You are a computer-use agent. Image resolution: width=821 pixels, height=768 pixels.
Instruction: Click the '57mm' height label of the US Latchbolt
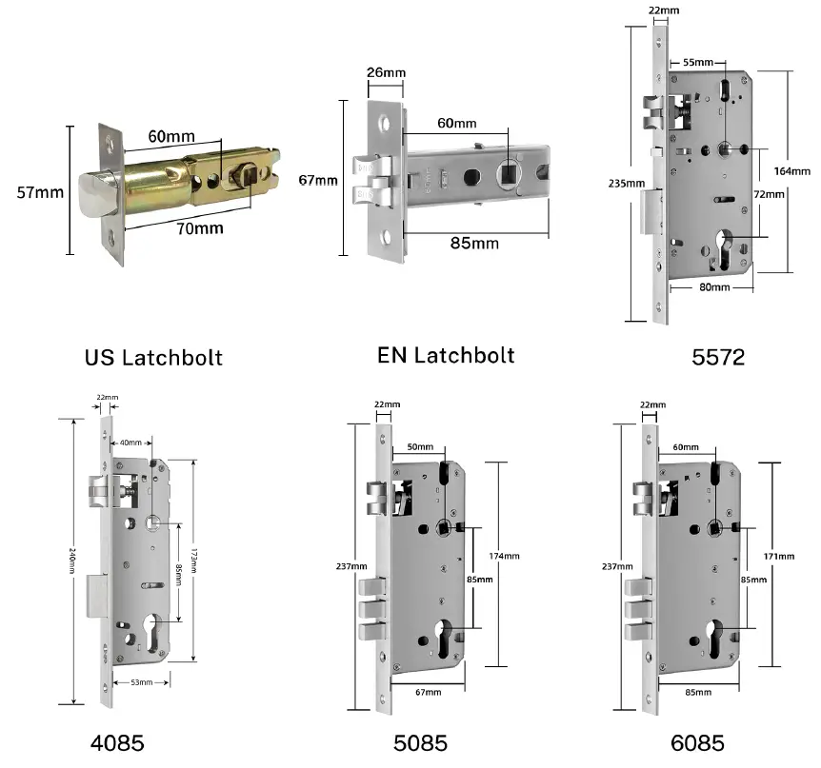[x=40, y=192]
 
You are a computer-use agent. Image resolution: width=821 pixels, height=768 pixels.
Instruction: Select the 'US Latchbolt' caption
[x=153, y=357]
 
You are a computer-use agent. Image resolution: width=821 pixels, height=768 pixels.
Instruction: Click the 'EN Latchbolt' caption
[x=446, y=355]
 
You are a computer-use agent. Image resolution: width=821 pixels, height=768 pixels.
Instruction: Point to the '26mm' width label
[x=384, y=72]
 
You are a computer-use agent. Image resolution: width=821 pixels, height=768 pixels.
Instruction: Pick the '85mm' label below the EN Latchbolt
[x=474, y=243]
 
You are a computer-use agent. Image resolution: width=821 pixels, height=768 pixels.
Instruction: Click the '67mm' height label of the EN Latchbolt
[x=317, y=180]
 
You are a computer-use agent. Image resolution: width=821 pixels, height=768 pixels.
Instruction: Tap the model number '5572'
[x=717, y=357]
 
